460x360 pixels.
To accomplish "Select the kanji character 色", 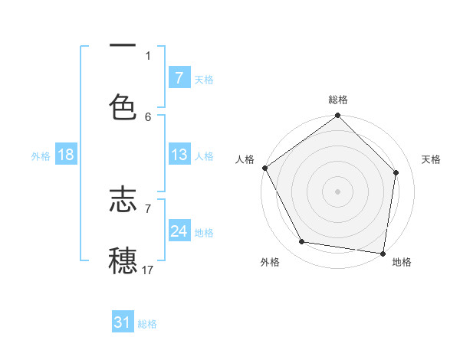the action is click(123, 107).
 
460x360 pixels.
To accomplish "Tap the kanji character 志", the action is click(123, 201).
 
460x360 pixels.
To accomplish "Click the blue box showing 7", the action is click(179, 78).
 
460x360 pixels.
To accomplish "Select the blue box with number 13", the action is click(179, 155).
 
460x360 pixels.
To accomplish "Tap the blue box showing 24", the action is click(179, 231).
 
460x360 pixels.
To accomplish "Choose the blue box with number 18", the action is click(66, 155).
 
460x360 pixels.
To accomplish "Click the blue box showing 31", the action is click(123, 323).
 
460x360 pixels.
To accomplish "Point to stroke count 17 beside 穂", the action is click(148, 270).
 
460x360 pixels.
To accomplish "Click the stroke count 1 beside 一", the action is click(148, 55).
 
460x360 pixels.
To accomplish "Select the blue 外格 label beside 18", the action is click(41, 156).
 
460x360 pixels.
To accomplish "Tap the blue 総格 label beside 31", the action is click(147, 324).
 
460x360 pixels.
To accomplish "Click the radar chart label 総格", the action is click(338, 100).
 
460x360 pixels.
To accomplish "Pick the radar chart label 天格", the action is click(431, 159).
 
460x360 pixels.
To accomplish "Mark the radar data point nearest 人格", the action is click(265, 168).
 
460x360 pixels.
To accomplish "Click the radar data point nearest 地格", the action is click(383, 253).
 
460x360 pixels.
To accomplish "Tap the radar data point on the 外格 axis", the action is click(302, 242).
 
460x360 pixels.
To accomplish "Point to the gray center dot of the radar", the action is click(338, 191).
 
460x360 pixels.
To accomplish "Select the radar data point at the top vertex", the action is click(338, 116).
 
